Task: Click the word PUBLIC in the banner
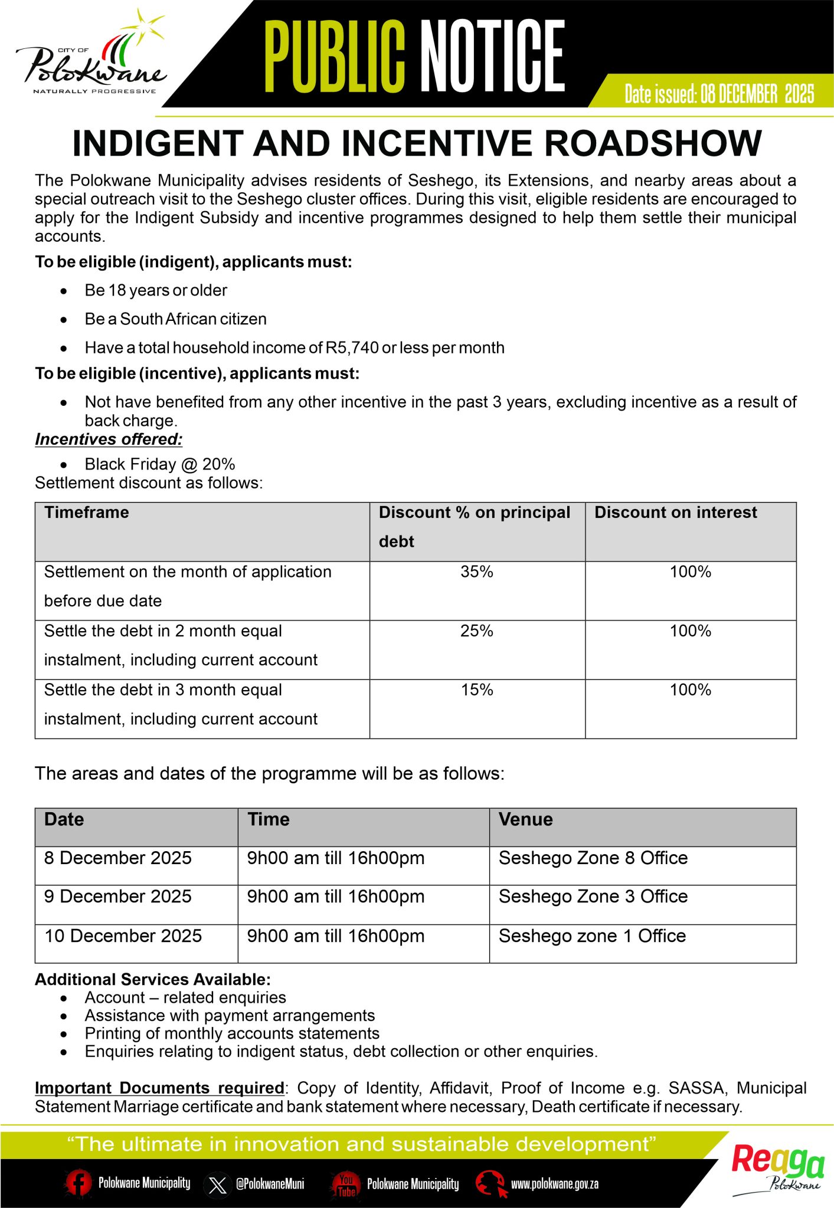point(334,56)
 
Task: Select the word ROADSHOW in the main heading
point(653,144)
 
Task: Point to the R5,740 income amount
point(352,348)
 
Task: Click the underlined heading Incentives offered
point(109,439)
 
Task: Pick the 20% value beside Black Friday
point(218,464)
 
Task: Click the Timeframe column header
point(87,513)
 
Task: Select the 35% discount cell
point(477,572)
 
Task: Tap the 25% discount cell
point(477,631)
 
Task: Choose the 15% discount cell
point(477,690)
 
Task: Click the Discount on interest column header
point(675,513)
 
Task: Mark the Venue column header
point(525,819)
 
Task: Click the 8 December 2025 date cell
point(118,858)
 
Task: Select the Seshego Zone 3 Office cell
point(593,897)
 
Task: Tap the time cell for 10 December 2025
point(336,936)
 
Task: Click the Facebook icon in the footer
point(78,1183)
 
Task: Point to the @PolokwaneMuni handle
point(270,1184)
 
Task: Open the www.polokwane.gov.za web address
point(555,1184)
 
